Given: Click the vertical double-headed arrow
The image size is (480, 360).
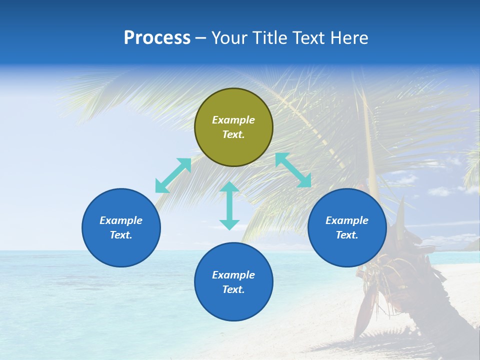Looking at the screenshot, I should coord(229,205).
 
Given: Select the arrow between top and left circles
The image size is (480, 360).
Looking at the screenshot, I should coord(173,175).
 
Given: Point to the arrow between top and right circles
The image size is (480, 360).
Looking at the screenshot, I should coord(293,170).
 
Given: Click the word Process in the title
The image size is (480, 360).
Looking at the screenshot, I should coord(157,38).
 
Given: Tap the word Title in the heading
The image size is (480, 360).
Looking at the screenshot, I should coord(269,38).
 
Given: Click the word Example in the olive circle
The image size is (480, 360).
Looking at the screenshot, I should coord(233,120).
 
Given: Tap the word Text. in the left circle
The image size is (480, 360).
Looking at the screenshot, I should coord(121,235).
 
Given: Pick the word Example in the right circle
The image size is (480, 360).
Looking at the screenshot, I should coord(347,220).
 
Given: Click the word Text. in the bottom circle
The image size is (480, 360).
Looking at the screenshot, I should coord(233,289).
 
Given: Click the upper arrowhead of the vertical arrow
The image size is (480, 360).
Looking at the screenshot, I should coord(229,187).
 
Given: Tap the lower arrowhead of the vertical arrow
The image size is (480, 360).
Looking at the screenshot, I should coord(229,224).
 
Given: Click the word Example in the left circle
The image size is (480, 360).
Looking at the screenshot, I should coord(121,220).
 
